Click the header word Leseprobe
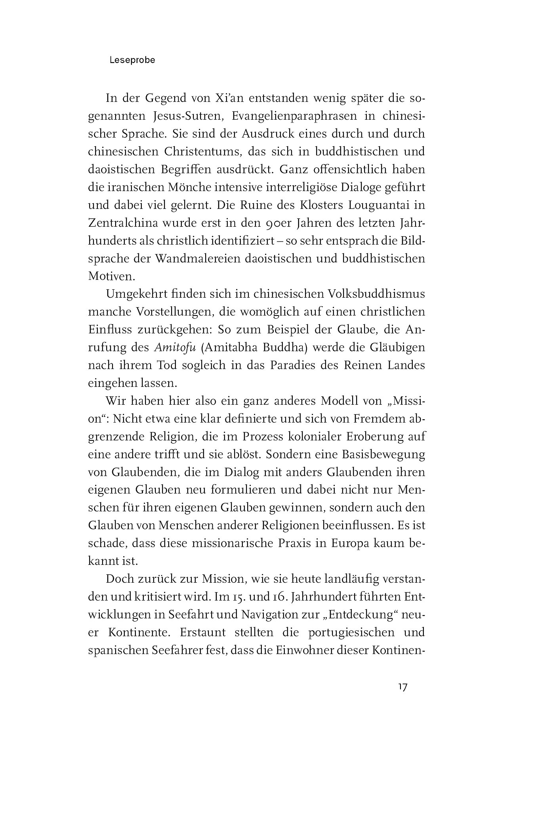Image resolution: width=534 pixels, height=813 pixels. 132,60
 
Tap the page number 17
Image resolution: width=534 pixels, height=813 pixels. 402,688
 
